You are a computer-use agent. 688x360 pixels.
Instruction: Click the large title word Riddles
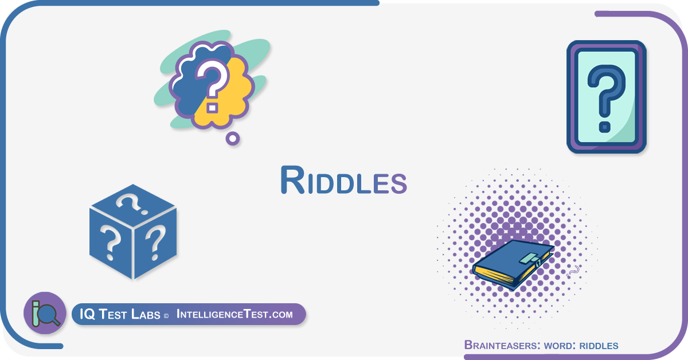point(343,180)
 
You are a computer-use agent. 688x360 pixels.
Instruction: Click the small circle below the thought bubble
point(233,139)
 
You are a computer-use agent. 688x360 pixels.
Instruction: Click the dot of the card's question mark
point(605,127)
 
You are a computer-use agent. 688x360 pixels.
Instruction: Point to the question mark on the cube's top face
point(131,204)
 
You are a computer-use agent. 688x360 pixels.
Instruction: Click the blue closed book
point(513,265)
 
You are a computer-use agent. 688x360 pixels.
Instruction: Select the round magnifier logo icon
point(45,313)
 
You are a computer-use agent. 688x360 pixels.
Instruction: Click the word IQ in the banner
point(87,314)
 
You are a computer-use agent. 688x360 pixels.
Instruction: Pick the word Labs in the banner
point(146,314)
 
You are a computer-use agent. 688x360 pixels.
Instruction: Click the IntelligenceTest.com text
point(234,314)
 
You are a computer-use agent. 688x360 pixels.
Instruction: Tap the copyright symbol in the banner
point(166,316)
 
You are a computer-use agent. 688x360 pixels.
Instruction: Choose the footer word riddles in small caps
point(599,346)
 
